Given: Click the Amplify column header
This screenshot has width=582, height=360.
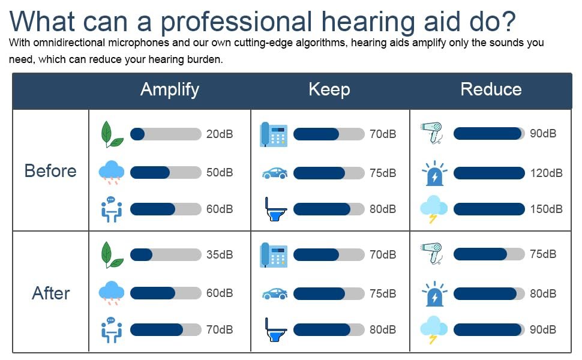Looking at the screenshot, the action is pos(170,90).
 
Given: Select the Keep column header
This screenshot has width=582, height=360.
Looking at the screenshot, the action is pos(329,90).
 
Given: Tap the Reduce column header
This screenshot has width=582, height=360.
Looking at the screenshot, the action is pos(491,89).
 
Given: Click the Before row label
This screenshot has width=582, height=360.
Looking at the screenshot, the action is pos(50,171).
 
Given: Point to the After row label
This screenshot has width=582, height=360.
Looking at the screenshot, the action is pos(51,293).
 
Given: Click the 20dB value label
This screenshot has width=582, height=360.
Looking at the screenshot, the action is pos(220,134).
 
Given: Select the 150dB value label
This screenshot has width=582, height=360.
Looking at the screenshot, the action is pos(546,209).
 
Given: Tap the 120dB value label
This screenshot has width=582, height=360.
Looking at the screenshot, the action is pos(546,173).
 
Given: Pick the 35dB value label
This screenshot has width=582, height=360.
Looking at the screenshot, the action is pos(220,254).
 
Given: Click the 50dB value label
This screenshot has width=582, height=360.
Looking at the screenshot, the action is pos(220,172).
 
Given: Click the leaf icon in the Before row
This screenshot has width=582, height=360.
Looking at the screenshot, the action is pos(112,134).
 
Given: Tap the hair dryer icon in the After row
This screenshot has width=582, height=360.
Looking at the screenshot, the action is pos(431,254).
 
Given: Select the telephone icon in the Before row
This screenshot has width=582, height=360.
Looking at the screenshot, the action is pos(274,134).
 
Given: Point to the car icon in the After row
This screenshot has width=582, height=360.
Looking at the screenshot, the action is pos(275,294).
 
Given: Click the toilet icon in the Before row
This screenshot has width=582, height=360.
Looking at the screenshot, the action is pos(275,209).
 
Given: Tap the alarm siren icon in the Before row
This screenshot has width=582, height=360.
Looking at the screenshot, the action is pos(434,173).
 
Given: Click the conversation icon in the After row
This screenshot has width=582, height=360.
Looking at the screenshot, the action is pos(112,330).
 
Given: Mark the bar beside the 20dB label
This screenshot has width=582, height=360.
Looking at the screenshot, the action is pos(166,134).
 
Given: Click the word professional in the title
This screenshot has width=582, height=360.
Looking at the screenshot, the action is pos(236,22).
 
